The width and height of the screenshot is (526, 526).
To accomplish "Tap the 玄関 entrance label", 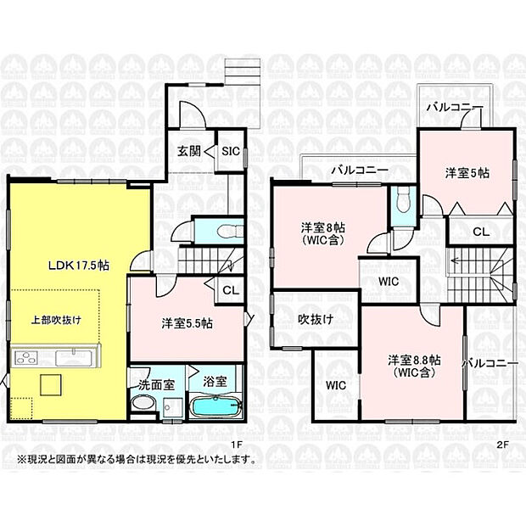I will (x=189, y=152).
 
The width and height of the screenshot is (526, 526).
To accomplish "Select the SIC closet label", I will (x=230, y=152).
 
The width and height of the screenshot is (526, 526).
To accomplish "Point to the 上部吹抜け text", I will (x=56, y=320).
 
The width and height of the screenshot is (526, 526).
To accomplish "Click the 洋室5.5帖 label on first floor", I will (x=187, y=323).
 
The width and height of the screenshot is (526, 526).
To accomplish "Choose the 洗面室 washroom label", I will (x=156, y=383).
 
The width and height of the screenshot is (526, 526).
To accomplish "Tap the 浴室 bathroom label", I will (x=215, y=382).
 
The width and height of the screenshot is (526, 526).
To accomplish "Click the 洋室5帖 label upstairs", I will (x=467, y=172).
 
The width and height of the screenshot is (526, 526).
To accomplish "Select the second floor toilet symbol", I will (x=403, y=200).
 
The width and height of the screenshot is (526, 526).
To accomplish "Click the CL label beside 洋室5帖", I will (x=481, y=230).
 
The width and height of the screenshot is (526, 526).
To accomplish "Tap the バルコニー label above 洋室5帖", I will (x=455, y=108).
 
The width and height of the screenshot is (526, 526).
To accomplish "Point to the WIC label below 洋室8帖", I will (x=389, y=282).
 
